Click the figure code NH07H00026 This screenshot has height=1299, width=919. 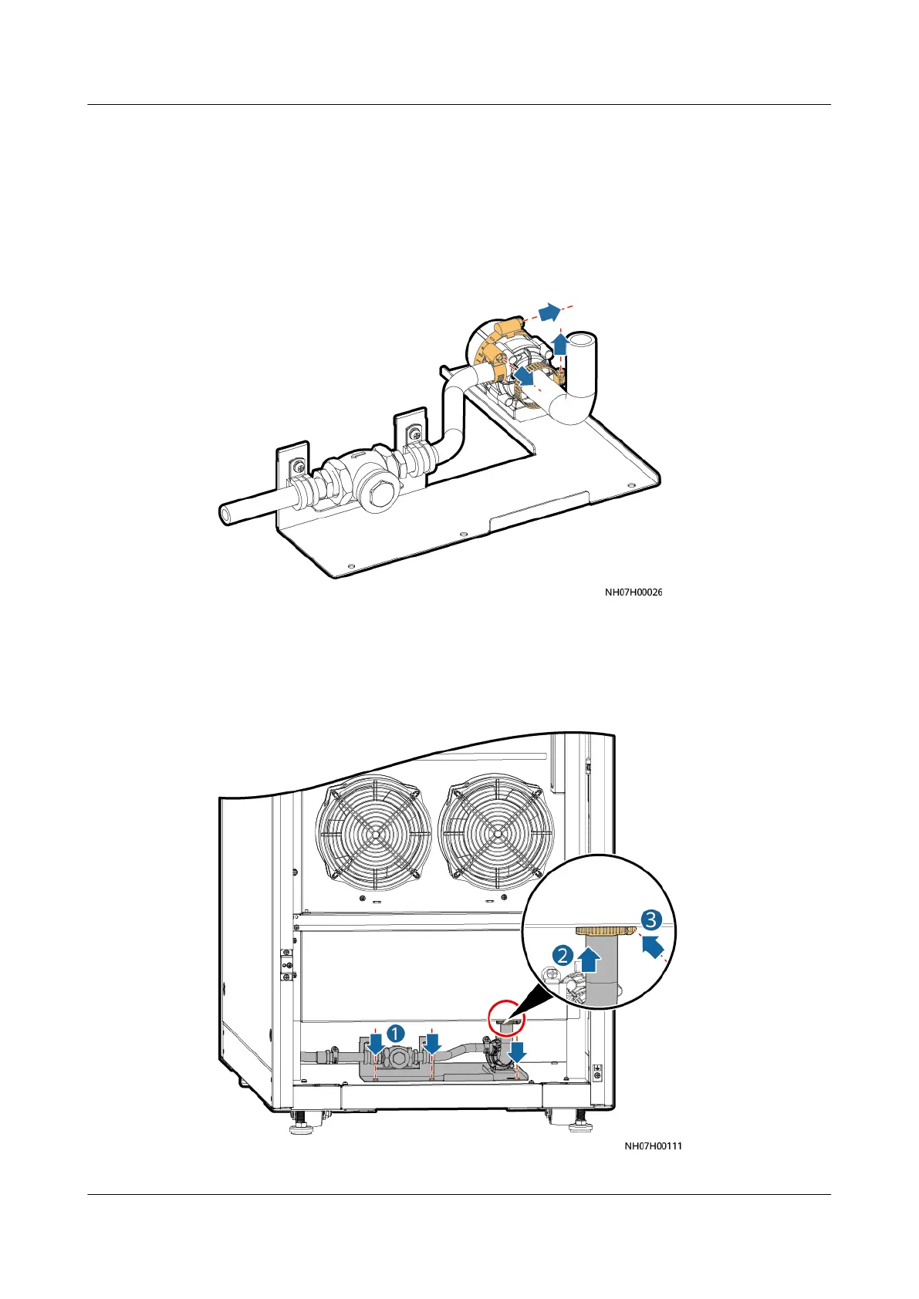click(633, 592)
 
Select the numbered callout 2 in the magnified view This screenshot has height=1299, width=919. click(563, 955)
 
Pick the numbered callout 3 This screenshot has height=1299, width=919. click(651, 919)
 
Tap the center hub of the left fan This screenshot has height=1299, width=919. click(374, 834)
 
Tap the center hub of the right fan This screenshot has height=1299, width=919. click(496, 834)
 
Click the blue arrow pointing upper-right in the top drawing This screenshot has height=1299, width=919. click(549, 311)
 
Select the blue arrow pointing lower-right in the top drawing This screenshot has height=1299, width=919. click(525, 376)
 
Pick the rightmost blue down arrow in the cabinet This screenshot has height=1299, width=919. click(517, 1051)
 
